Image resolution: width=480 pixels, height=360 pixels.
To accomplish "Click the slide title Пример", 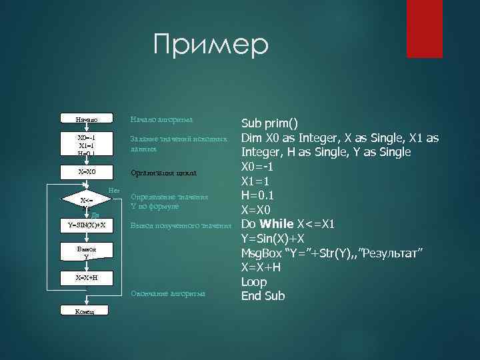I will point(210,45).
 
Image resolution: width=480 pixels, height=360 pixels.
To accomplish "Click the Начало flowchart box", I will point(87,119).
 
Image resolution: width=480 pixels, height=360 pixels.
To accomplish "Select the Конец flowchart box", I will point(85,311).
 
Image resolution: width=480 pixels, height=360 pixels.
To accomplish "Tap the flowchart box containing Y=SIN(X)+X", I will point(87,225).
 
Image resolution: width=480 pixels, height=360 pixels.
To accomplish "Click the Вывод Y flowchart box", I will point(87,251).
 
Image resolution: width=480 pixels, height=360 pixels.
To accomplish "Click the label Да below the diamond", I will point(95,215).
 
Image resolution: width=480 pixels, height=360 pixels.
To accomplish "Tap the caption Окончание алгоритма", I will point(168,293).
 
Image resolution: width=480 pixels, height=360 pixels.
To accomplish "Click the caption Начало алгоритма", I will point(162,119).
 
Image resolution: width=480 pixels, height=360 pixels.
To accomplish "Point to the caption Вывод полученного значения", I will point(185,225).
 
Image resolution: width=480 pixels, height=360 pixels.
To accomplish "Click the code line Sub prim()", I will point(269,123).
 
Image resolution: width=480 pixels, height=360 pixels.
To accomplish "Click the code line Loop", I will point(254,281).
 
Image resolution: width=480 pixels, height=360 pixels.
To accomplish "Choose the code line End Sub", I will point(263,296).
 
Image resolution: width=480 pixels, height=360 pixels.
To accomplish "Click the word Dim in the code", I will point(251,138).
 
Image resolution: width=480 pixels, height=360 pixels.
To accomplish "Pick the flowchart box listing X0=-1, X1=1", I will point(87,145).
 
